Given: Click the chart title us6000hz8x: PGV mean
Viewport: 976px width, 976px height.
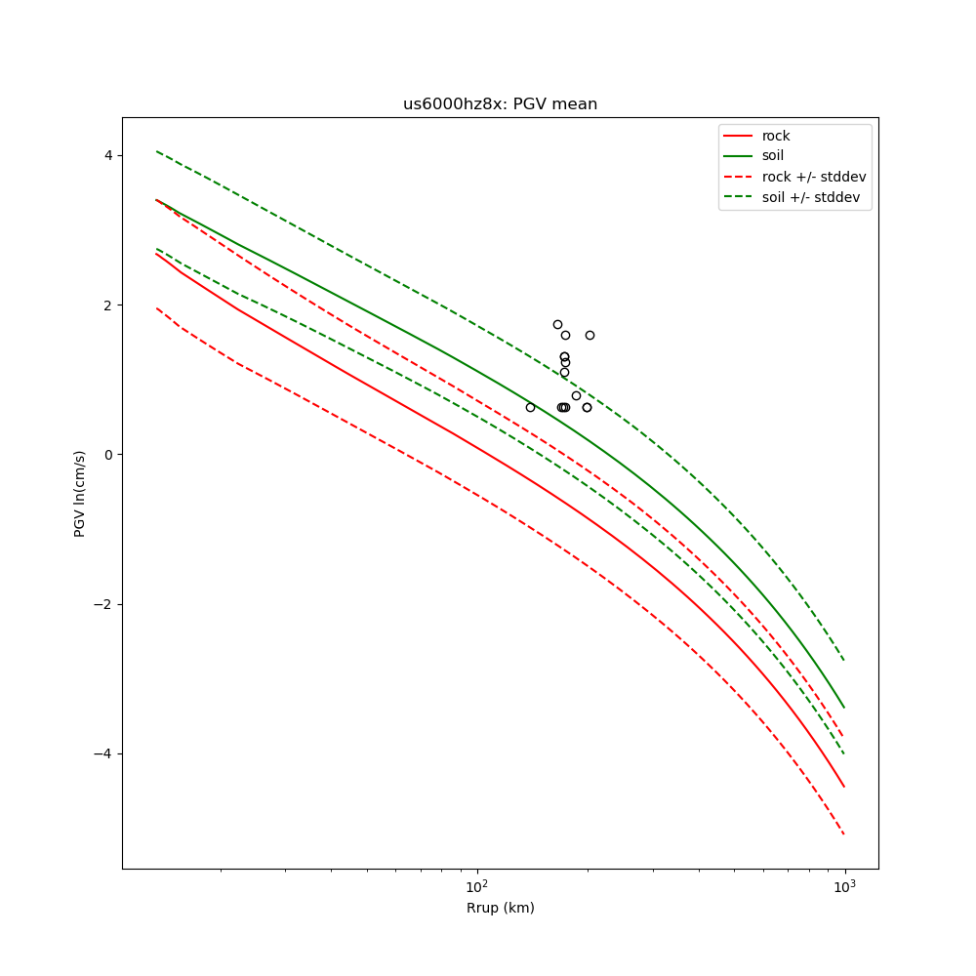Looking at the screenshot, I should click(x=500, y=104).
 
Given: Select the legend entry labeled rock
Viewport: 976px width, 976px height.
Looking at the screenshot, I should click(x=776, y=136).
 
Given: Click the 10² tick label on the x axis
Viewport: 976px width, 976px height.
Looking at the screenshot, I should click(x=476, y=886).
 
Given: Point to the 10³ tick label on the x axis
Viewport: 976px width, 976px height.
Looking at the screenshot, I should click(x=844, y=886).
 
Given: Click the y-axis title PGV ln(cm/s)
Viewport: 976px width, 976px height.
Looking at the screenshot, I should click(x=80, y=493).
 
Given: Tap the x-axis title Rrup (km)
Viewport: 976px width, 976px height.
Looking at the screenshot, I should click(x=500, y=909).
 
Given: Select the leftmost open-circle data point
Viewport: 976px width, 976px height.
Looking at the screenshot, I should click(x=530, y=407).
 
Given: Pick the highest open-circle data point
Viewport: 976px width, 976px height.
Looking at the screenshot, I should click(x=557, y=324).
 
